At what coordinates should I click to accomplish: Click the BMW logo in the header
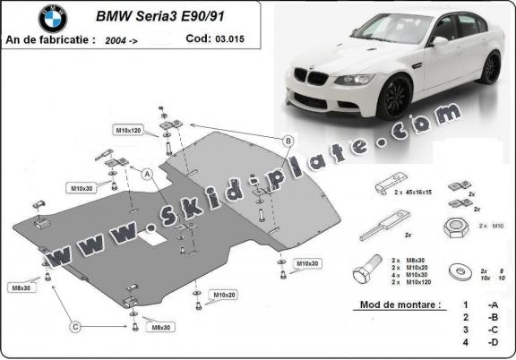(x=52, y=18)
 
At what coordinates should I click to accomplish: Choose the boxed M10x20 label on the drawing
(x=224, y=294)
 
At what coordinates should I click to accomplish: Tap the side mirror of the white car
(x=440, y=41)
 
